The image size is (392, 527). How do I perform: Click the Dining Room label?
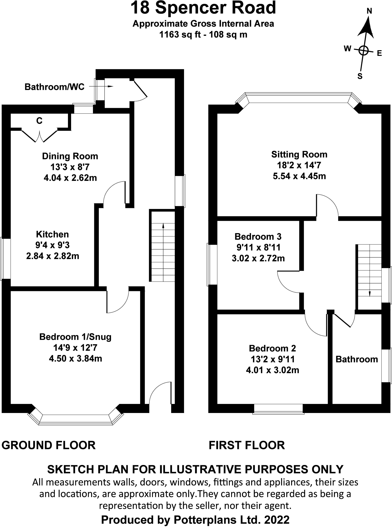70,156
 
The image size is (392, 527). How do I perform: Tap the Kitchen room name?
53,234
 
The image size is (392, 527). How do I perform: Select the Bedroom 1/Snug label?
75,337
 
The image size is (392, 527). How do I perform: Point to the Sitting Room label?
299,154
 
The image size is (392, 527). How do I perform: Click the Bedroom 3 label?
258,236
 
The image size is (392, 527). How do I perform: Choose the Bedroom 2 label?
273,348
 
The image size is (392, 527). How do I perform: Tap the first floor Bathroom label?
357,359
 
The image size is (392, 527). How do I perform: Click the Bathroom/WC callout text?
55,87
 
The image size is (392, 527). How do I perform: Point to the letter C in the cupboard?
39,121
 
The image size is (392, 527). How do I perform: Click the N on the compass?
369,11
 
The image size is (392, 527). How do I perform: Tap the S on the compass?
360,76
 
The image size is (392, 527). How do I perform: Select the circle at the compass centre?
363,50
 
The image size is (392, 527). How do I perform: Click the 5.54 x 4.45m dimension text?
299,176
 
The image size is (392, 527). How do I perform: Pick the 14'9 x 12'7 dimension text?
75,348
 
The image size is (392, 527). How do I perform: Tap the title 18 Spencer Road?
203,8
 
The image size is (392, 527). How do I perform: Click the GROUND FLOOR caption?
49,445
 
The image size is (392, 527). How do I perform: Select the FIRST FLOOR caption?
247,445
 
